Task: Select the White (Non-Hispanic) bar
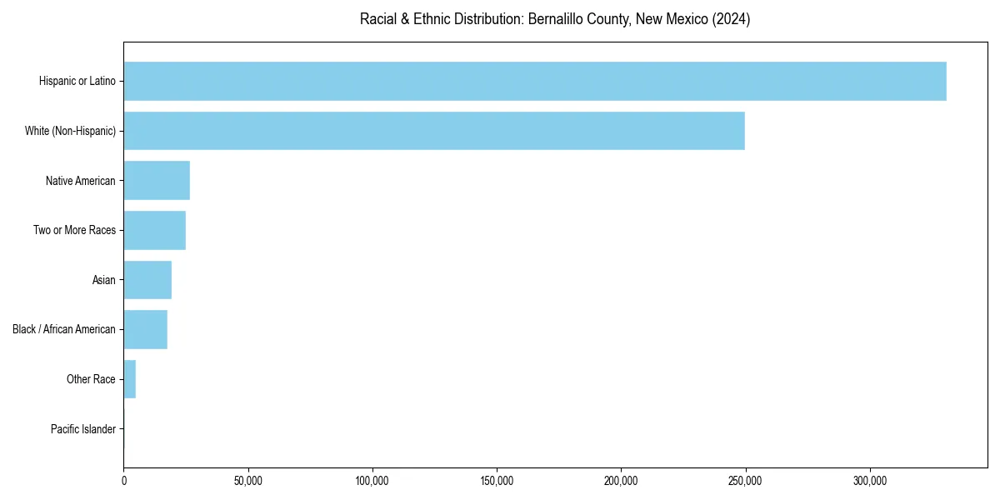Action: pyautogui.click(x=434, y=131)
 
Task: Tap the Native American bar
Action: pyautogui.click(x=157, y=180)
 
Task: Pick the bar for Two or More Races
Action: pyautogui.click(x=155, y=230)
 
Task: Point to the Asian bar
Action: pyautogui.click(x=147, y=280)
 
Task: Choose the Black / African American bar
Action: pyautogui.click(x=146, y=329)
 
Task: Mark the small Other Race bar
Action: pyautogui.click(x=130, y=379)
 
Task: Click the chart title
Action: pyautogui.click(x=555, y=19)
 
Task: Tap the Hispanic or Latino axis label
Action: pyautogui.click(x=77, y=81)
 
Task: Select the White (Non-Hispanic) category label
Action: pyautogui.click(x=70, y=131)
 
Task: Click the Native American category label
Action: pyautogui.click(x=81, y=181)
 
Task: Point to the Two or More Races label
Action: pyautogui.click(x=74, y=230)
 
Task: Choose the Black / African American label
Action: pyautogui.click(x=64, y=329)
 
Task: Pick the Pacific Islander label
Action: pyautogui.click(x=83, y=429)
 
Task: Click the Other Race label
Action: pyautogui.click(x=91, y=379)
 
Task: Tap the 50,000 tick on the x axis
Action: pyautogui.click(x=248, y=481)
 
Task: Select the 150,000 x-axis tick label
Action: pyautogui.click(x=497, y=481)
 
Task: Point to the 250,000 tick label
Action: pyautogui.click(x=745, y=481)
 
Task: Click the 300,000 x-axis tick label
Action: pyautogui.click(x=869, y=481)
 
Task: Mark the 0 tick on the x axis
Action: pyautogui.click(x=124, y=481)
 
